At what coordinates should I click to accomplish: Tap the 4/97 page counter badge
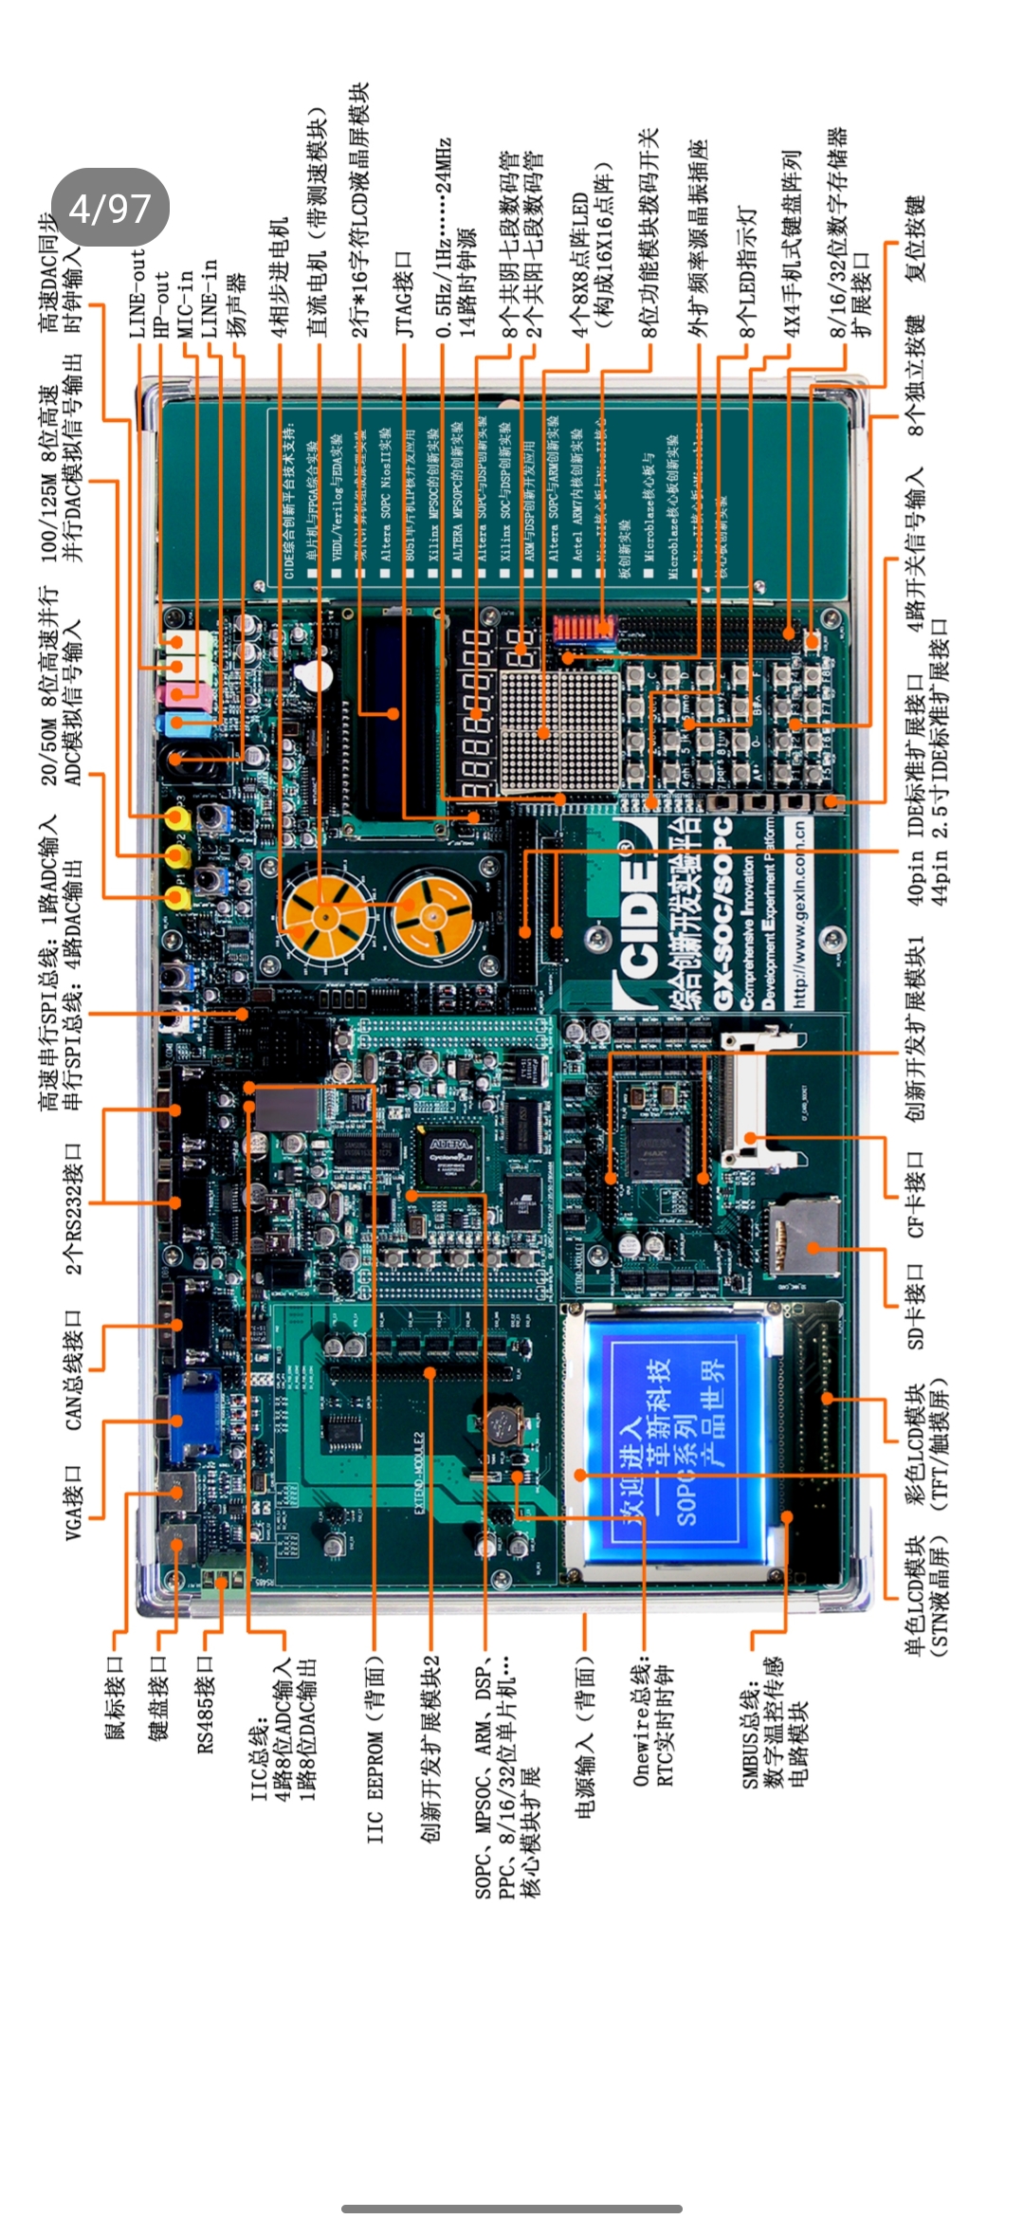point(110,208)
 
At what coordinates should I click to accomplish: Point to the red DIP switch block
point(583,628)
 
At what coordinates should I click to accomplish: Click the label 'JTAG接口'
point(405,294)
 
